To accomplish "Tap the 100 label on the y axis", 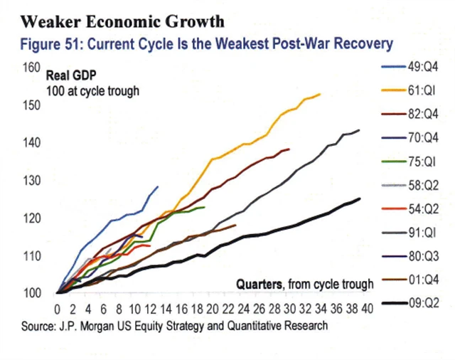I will [31, 292].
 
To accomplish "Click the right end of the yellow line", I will [321, 94].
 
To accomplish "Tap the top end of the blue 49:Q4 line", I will [158, 186].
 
